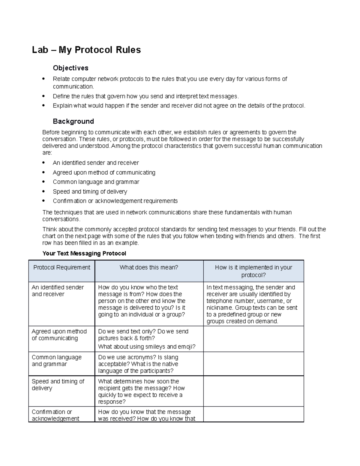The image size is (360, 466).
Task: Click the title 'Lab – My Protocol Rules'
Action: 86,50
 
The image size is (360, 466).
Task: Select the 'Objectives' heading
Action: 70,68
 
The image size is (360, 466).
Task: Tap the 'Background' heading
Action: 73,121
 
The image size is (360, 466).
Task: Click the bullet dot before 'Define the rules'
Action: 44,96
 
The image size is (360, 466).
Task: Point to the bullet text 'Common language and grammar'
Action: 96,182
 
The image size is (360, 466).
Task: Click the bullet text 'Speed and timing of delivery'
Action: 90,191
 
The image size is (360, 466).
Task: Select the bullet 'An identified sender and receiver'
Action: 96,163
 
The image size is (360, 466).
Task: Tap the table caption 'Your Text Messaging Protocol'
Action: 84,253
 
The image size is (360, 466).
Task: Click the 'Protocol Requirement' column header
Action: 61,267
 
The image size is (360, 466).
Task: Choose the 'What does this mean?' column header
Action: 149,267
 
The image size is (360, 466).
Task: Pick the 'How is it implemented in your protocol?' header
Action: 253,271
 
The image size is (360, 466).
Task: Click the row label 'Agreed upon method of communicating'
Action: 59,335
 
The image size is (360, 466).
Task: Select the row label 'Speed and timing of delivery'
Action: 58,385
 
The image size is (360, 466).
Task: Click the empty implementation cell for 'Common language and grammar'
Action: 253,364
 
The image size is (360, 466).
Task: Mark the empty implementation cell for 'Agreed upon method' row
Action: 253,339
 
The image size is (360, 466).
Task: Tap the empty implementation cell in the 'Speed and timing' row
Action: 253,391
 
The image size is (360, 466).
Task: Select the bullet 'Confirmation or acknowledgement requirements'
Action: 115,201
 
